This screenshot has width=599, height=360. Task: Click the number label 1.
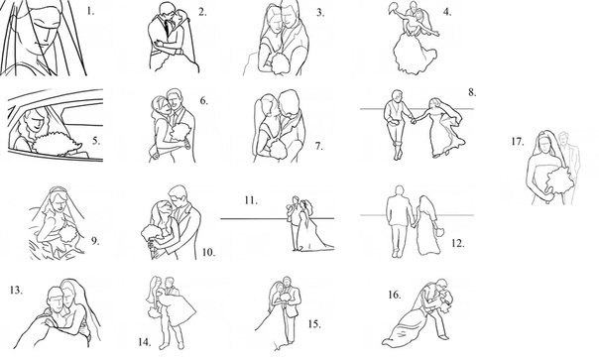(x=90, y=11)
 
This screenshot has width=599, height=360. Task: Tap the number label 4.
(x=447, y=12)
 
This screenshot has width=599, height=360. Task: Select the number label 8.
(x=472, y=92)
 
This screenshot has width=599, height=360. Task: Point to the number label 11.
(x=251, y=200)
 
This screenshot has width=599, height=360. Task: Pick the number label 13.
(x=17, y=291)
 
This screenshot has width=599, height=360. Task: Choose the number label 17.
(x=518, y=142)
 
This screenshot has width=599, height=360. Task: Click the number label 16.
(x=395, y=295)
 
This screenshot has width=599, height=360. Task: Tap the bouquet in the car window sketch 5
(x=58, y=144)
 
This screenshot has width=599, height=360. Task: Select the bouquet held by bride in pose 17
(x=559, y=180)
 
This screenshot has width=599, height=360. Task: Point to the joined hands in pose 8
(x=414, y=121)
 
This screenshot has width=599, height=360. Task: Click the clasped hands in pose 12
(x=413, y=225)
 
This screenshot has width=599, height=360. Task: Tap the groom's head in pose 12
(x=400, y=190)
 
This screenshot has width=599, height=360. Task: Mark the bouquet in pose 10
(x=151, y=232)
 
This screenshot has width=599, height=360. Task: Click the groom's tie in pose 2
(x=167, y=27)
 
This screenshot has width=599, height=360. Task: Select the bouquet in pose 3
(x=280, y=63)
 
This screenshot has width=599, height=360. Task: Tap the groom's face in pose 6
(x=176, y=100)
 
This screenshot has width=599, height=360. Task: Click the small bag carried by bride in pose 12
(x=439, y=231)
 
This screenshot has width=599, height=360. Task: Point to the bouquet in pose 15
(x=286, y=297)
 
